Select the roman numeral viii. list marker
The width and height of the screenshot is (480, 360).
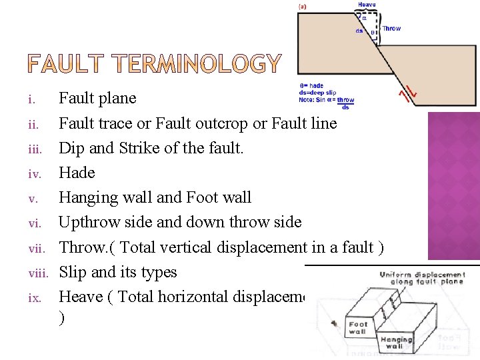coord(41,273)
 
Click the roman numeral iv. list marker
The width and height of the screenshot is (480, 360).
coord(34,173)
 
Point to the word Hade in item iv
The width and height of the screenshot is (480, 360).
coord(77,173)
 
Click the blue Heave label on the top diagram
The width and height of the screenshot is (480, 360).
coord(367,5)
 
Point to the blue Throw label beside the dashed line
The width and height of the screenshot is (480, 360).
coord(391,29)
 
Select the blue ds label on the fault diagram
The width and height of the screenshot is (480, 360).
coord(359,31)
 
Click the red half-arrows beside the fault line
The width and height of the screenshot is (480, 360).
coord(408,94)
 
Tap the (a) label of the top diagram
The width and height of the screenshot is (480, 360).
coord(301,6)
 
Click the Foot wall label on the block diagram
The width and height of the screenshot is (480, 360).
coord(358,328)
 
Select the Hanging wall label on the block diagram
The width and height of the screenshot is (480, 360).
coord(396,343)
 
